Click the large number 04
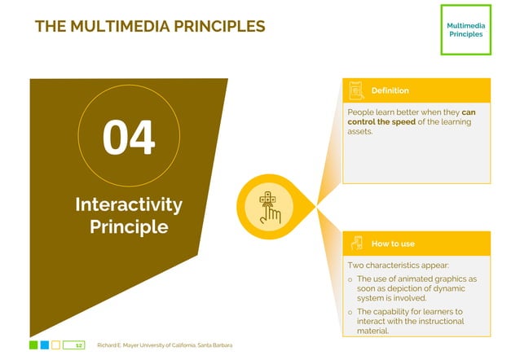(x=128, y=137)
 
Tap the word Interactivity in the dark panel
(x=128, y=204)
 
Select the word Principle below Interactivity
(x=128, y=226)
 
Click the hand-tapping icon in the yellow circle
(x=269, y=207)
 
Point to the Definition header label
(x=390, y=90)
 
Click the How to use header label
(x=393, y=244)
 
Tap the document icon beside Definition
(x=355, y=90)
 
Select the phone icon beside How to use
(x=356, y=244)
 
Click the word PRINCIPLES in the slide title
(x=221, y=26)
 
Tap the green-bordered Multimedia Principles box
(x=465, y=30)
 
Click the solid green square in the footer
(x=33, y=345)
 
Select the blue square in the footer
(x=45, y=345)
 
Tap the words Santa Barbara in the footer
(x=215, y=345)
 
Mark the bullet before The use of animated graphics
(x=350, y=279)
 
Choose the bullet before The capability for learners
(x=350, y=312)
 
